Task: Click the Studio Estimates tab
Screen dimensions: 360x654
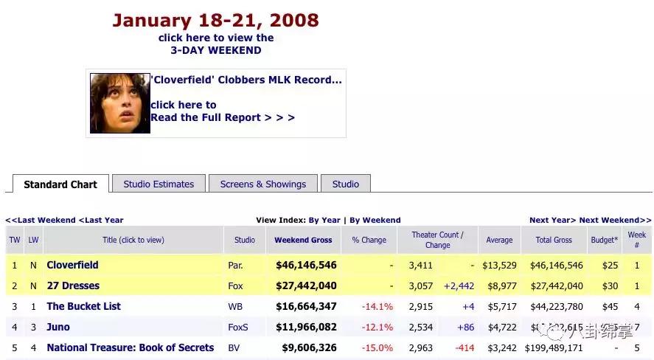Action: point(159,184)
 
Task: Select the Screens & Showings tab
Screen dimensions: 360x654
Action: point(262,184)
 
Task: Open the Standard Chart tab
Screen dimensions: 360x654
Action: point(60,184)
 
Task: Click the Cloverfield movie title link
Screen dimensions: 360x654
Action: point(72,265)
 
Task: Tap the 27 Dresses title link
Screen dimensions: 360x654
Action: point(73,285)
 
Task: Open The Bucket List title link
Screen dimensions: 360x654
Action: point(83,306)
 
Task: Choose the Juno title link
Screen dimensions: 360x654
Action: point(58,327)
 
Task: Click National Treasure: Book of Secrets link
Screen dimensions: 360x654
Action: point(130,347)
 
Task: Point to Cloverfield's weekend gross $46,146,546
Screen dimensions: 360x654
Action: point(306,265)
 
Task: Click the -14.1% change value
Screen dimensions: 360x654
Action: point(378,306)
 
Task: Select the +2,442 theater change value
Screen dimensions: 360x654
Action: point(458,285)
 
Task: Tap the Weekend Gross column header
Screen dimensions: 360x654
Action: point(303,240)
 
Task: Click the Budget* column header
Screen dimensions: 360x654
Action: point(605,240)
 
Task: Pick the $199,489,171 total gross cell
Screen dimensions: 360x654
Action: point(554,347)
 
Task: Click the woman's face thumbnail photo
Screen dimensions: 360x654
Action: point(119,103)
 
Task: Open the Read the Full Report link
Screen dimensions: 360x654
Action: point(222,117)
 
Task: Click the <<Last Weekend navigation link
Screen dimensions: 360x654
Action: point(41,220)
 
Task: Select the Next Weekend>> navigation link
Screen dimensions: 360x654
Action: point(615,220)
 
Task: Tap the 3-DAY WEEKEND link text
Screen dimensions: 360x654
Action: point(215,50)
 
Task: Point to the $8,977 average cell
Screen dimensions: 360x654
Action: point(498,285)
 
